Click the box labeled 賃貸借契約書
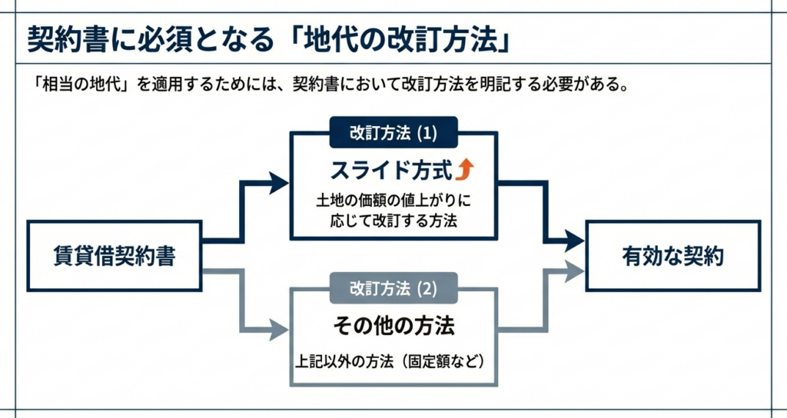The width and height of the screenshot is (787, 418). [x=115, y=256]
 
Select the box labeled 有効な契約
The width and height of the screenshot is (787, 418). [x=672, y=256]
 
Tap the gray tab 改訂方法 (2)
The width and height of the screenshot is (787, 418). [x=393, y=289]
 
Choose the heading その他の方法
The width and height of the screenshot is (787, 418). [x=393, y=326]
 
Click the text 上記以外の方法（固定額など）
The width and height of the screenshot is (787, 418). [x=393, y=360]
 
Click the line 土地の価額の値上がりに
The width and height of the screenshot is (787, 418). [x=393, y=200]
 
